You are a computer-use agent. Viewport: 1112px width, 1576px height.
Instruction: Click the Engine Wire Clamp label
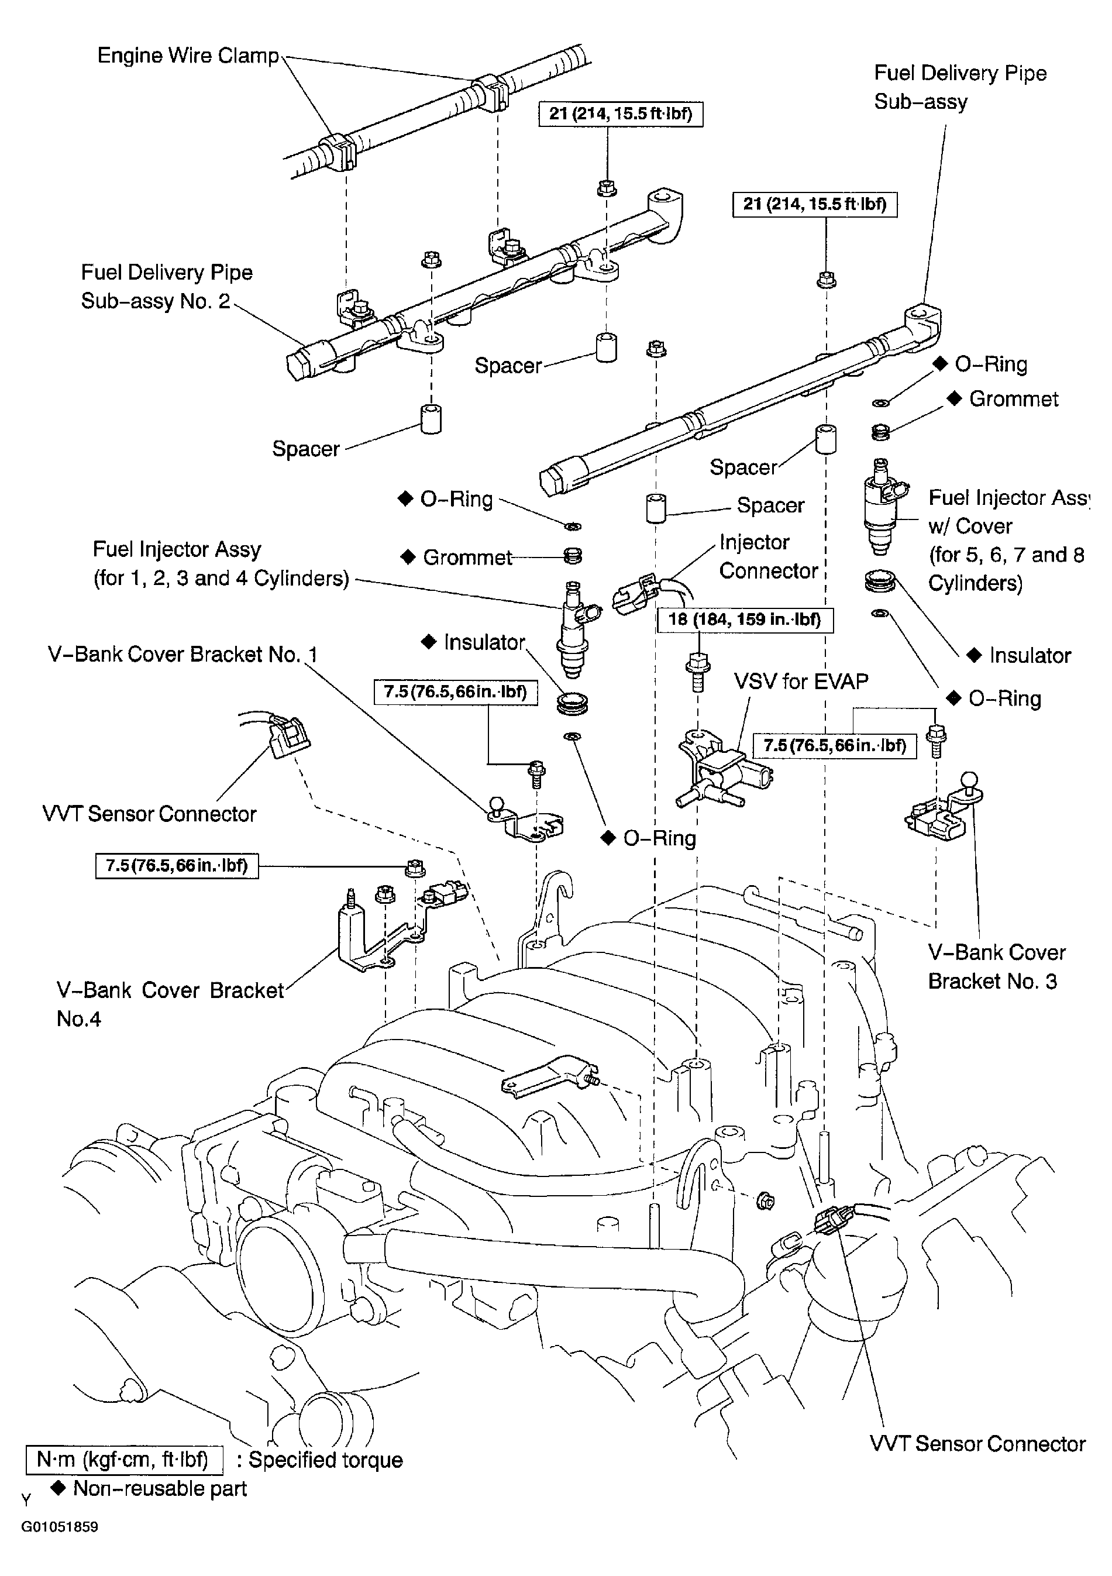point(188,56)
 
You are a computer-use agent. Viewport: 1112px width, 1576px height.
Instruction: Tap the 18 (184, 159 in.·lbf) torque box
point(745,620)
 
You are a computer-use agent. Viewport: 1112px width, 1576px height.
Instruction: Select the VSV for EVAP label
point(801,681)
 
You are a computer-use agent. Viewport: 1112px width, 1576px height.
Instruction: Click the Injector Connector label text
point(769,557)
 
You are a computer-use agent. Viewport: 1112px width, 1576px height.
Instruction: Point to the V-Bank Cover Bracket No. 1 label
point(183,654)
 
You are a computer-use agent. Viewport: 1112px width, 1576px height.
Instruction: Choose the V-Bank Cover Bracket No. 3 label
point(997,966)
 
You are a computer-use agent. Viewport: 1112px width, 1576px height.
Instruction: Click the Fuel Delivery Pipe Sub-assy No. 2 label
point(167,287)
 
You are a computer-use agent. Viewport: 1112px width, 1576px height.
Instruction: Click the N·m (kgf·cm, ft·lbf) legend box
point(124,1460)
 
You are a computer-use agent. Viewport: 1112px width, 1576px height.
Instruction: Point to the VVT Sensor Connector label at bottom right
point(977,1444)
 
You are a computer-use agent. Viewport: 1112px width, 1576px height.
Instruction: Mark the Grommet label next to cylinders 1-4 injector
point(467,558)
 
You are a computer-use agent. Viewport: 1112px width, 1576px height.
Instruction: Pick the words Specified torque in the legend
point(325,1460)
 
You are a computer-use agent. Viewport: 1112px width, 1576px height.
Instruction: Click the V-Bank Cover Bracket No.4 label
point(170,1004)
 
